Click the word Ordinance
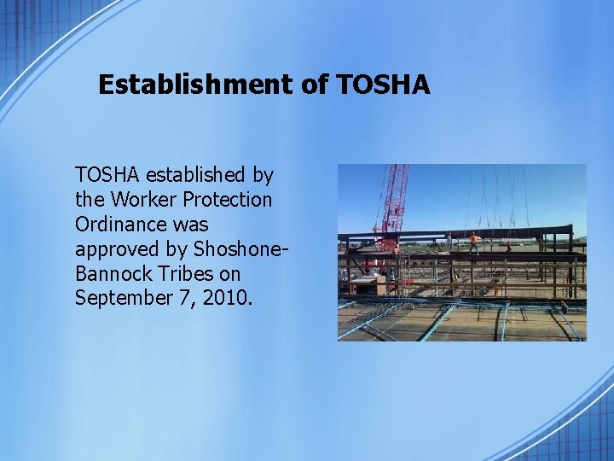pyautogui.click(x=120, y=225)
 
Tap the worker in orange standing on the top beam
pyautogui.click(x=475, y=242)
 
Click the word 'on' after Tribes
pyautogui.click(x=229, y=274)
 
